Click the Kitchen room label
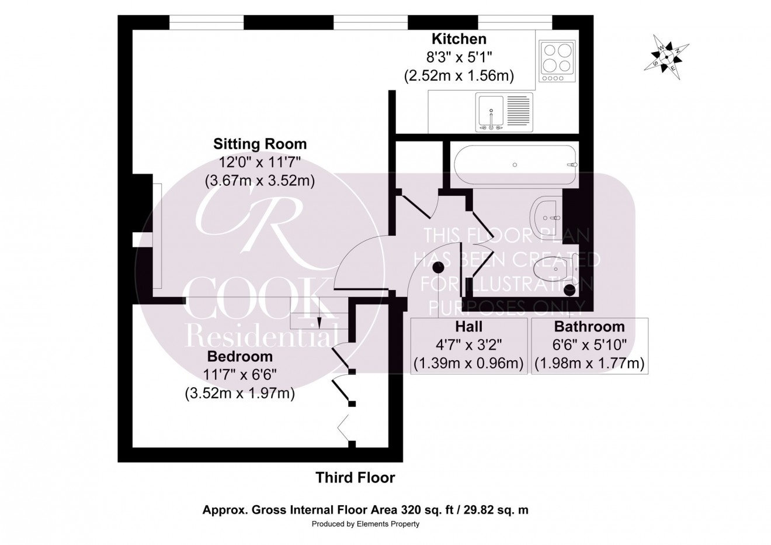(459, 39)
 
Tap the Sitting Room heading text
(260, 144)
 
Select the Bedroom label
(239, 356)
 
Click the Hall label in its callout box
(468, 327)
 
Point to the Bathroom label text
(589, 327)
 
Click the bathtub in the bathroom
(514, 164)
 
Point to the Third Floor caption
(355, 478)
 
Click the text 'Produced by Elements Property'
(365, 524)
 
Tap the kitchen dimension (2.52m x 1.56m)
(459, 75)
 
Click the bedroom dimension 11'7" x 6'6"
(239, 374)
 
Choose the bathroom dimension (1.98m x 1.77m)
(589, 364)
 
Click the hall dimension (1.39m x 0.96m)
(468, 364)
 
